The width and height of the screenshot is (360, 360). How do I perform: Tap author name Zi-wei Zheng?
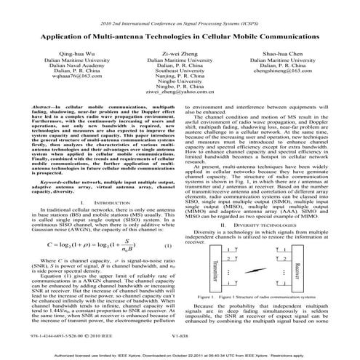pos(179,53)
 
